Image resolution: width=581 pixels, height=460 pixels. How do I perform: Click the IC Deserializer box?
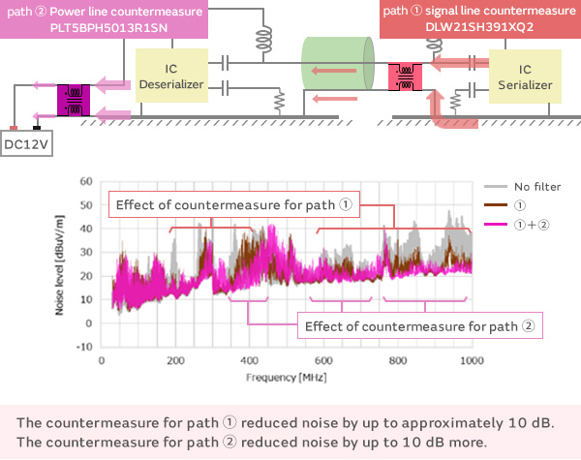[x=170, y=77]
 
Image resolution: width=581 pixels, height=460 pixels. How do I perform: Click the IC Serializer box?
[x=525, y=77]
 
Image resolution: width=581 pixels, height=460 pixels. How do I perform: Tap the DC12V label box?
[x=26, y=144]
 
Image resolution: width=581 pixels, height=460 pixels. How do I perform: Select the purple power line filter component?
[x=73, y=98]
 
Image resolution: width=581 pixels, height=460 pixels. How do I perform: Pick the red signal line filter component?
[x=403, y=77]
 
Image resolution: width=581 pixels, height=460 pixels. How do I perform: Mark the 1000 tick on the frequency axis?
[x=472, y=360]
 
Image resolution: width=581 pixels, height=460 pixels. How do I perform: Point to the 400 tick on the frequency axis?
[x=250, y=360]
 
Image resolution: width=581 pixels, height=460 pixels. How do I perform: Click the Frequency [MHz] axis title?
[x=286, y=376]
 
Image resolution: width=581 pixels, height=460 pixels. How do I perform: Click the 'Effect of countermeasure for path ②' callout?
[x=419, y=325]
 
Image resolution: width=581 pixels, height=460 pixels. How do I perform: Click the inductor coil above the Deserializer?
[x=261, y=40]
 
